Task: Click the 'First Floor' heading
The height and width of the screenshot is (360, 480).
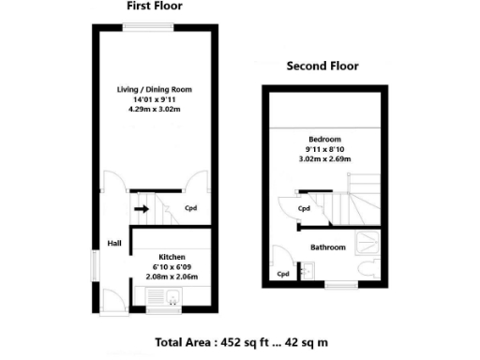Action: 155,6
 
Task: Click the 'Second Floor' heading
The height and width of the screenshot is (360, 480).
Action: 322,67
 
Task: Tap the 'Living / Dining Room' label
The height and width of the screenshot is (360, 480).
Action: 153,90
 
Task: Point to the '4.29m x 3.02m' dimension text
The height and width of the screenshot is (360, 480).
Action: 153,109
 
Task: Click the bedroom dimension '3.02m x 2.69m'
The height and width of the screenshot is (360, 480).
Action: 323,158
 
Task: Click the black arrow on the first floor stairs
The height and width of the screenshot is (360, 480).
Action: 141,209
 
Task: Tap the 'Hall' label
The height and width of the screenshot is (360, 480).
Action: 114,244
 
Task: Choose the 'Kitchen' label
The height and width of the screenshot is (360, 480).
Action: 172,256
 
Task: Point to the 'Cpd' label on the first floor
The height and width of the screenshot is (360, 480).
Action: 190,209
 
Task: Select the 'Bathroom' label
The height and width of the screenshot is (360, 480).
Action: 328,247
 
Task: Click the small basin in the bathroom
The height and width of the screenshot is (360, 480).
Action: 308,273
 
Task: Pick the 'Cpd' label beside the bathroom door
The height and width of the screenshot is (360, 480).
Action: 283,274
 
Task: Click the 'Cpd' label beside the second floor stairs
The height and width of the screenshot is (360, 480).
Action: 304,209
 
